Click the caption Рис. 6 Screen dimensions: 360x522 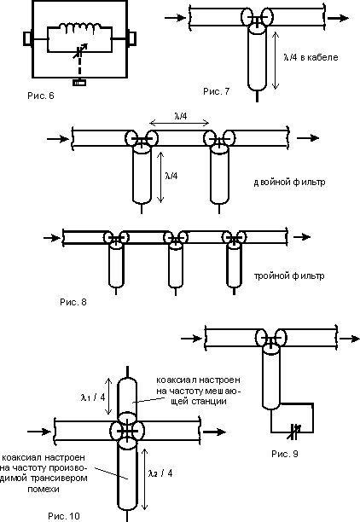click(x=41, y=96)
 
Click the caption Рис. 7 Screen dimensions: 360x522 click(x=217, y=91)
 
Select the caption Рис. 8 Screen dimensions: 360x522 click(x=73, y=302)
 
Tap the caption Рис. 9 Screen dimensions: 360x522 click(x=285, y=454)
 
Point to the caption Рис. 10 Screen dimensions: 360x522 click(x=64, y=516)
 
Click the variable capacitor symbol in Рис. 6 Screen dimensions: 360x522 click(x=80, y=51)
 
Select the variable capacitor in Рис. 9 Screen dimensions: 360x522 click(x=295, y=432)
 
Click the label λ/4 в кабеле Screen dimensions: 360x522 click(x=311, y=57)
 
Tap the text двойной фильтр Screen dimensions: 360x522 click(x=289, y=182)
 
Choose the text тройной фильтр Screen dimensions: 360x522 click(x=289, y=276)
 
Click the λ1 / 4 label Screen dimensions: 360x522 click(x=93, y=397)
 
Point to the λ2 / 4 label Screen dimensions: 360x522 click(x=160, y=473)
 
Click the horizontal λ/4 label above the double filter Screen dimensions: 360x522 click(x=181, y=116)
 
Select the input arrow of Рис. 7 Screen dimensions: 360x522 click(x=175, y=18)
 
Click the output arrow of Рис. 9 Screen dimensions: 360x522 click(x=350, y=339)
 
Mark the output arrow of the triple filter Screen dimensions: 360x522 click(x=301, y=237)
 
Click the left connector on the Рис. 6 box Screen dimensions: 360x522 click(x=27, y=38)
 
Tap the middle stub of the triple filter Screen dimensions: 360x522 click(x=175, y=265)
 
